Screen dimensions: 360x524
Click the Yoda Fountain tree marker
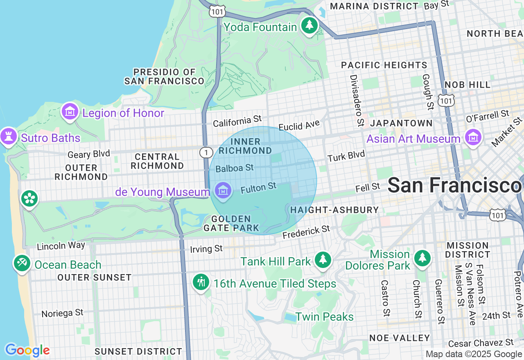point(309,26)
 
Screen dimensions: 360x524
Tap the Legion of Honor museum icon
point(70,111)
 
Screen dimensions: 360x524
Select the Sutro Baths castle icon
point(8,136)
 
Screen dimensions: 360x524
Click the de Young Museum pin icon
point(223,190)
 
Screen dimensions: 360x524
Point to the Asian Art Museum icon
point(473,138)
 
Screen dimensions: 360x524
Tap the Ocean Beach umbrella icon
point(21,263)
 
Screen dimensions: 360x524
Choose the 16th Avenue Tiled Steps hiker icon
point(201,282)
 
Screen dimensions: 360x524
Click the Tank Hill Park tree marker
point(323,260)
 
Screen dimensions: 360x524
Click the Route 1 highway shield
point(206,153)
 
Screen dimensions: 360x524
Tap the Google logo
point(27,350)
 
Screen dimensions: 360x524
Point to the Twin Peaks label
point(324,317)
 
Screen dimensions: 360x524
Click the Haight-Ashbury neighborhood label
point(334,210)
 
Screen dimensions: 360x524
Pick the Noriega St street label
point(62,313)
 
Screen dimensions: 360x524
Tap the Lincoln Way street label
point(61,246)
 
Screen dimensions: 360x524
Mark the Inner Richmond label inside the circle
point(245,146)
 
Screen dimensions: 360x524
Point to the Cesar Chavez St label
point(481,342)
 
